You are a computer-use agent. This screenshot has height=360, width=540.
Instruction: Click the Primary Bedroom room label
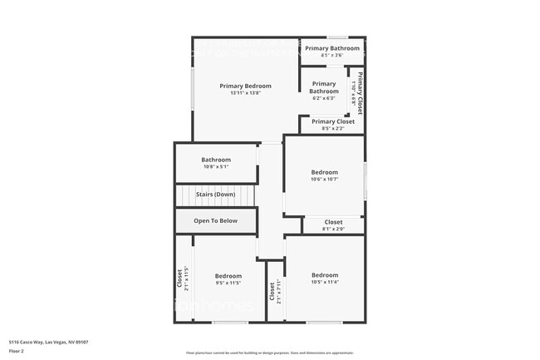pyautogui.click(x=246, y=86)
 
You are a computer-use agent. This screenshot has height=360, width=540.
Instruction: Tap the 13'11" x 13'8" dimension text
pyautogui.click(x=246, y=93)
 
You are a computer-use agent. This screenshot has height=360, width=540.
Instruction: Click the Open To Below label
pyautogui.click(x=216, y=220)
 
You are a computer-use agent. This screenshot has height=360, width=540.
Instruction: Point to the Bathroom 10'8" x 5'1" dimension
pyautogui.click(x=216, y=167)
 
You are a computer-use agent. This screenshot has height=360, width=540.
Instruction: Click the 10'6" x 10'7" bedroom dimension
pyautogui.click(x=325, y=180)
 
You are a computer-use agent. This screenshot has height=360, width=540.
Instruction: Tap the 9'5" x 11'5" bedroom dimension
pyautogui.click(x=228, y=284)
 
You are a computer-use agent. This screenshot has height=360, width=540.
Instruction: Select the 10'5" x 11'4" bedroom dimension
pyautogui.click(x=325, y=283)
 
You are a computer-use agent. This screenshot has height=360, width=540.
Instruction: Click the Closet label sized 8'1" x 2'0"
pyautogui.click(x=333, y=222)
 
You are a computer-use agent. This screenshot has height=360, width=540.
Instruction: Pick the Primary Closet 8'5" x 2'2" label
pyautogui.click(x=333, y=121)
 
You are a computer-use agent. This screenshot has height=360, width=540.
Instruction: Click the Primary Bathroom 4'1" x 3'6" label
pyautogui.click(x=332, y=49)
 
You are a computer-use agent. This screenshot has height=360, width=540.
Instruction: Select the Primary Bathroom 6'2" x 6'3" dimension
pyautogui.click(x=324, y=98)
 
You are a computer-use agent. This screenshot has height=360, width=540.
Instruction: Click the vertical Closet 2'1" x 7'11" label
pyautogui.click(x=272, y=293)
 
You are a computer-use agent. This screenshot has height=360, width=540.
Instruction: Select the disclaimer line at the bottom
pyautogui.click(x=269, y=354)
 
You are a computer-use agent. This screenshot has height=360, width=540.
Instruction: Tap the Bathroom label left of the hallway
pyautogui.click(x=216, y=160)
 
